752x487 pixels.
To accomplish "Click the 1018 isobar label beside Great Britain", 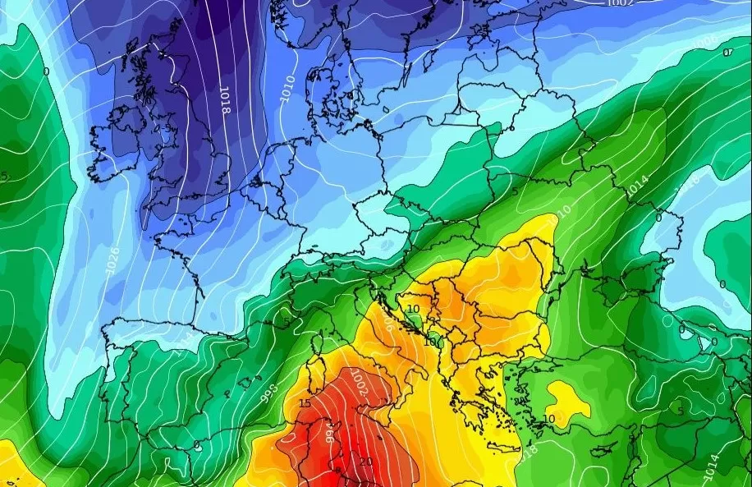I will (x=223, y=99).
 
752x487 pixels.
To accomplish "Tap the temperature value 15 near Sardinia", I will (x=305, y=404).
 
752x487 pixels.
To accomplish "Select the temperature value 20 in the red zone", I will (x=365, y=462).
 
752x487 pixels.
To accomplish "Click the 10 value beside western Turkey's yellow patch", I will (x=549, y=419).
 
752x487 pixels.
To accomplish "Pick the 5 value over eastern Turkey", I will (x=680, y=411).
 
